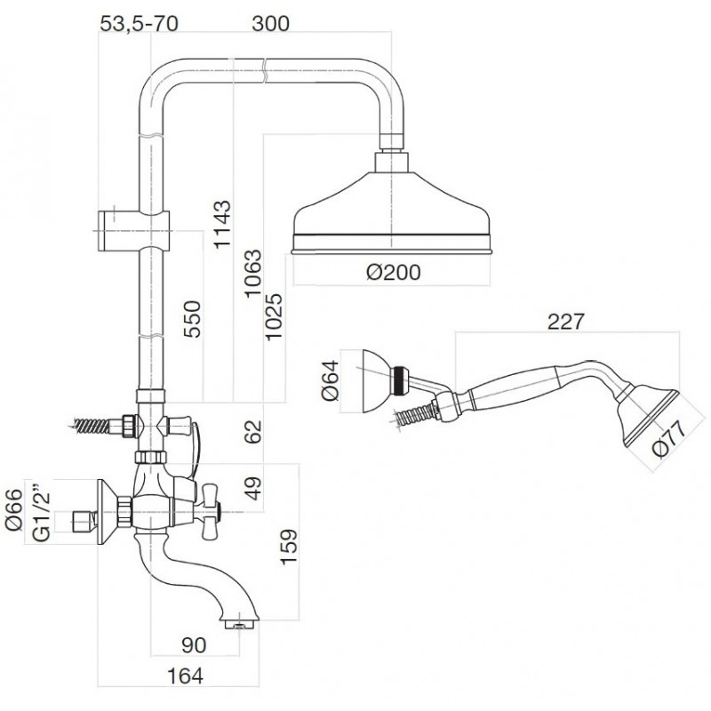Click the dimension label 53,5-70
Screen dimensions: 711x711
pyautogui.click(x=140, y=24)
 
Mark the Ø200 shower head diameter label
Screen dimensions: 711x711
pyautogui.click(x=391, y=273)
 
